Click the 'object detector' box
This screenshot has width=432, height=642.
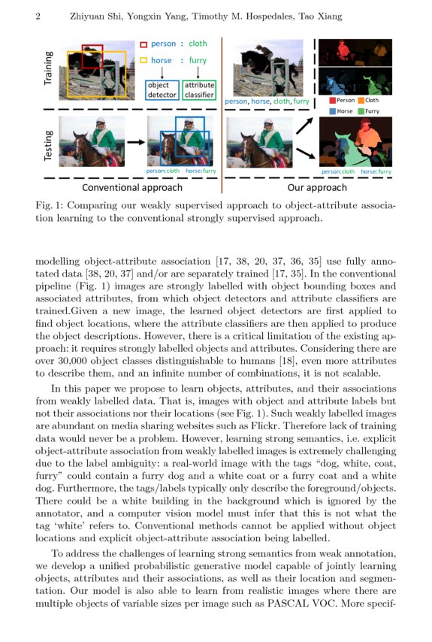[x=162, y=90]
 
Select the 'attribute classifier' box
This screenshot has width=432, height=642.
[x=199, y=90]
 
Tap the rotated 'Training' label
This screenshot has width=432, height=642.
[x=50, y=67]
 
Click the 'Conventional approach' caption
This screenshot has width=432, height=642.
[x=131, y=187]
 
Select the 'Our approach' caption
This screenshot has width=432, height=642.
[x=318, y=187]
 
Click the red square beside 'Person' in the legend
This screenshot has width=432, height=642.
[x=331, y=100]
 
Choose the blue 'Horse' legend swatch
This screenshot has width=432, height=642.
[x=331, y=111]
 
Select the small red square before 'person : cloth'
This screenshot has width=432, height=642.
[x=144, y=44]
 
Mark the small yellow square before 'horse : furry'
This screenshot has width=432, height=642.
[x=144, y=60]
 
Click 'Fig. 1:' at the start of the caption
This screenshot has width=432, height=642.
[x=50, y=205]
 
